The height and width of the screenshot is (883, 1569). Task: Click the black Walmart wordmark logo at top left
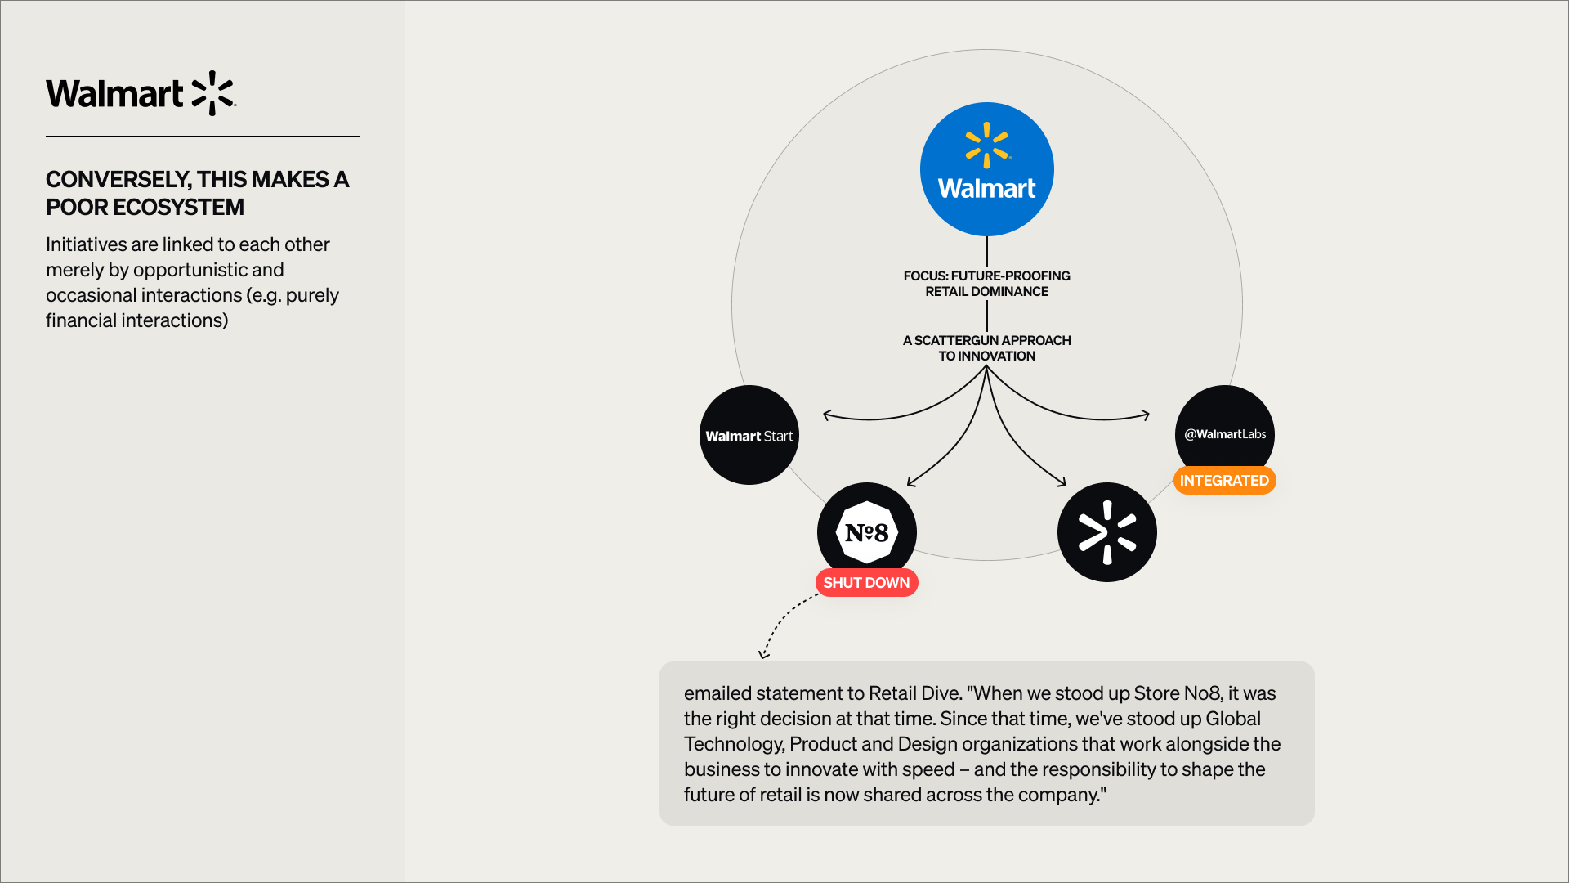141,93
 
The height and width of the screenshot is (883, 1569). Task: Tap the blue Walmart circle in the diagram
986,169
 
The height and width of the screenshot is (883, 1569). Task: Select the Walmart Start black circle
749,435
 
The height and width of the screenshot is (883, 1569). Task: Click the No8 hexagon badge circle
867,532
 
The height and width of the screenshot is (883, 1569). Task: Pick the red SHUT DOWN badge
866,583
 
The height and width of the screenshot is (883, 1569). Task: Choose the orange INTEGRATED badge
1224,481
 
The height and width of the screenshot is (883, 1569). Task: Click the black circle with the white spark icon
1106,532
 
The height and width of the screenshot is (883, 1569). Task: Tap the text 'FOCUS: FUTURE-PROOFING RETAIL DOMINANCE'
986,284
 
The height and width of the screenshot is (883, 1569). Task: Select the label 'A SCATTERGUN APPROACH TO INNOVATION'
986,348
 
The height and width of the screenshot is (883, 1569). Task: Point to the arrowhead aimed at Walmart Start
827,415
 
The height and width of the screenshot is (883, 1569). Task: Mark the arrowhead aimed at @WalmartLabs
1146,415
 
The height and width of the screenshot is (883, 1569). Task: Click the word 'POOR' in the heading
77,208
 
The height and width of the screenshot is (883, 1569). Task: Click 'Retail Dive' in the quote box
914,693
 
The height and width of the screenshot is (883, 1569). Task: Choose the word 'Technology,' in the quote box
734,744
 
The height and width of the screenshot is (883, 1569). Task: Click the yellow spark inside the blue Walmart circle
986,145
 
